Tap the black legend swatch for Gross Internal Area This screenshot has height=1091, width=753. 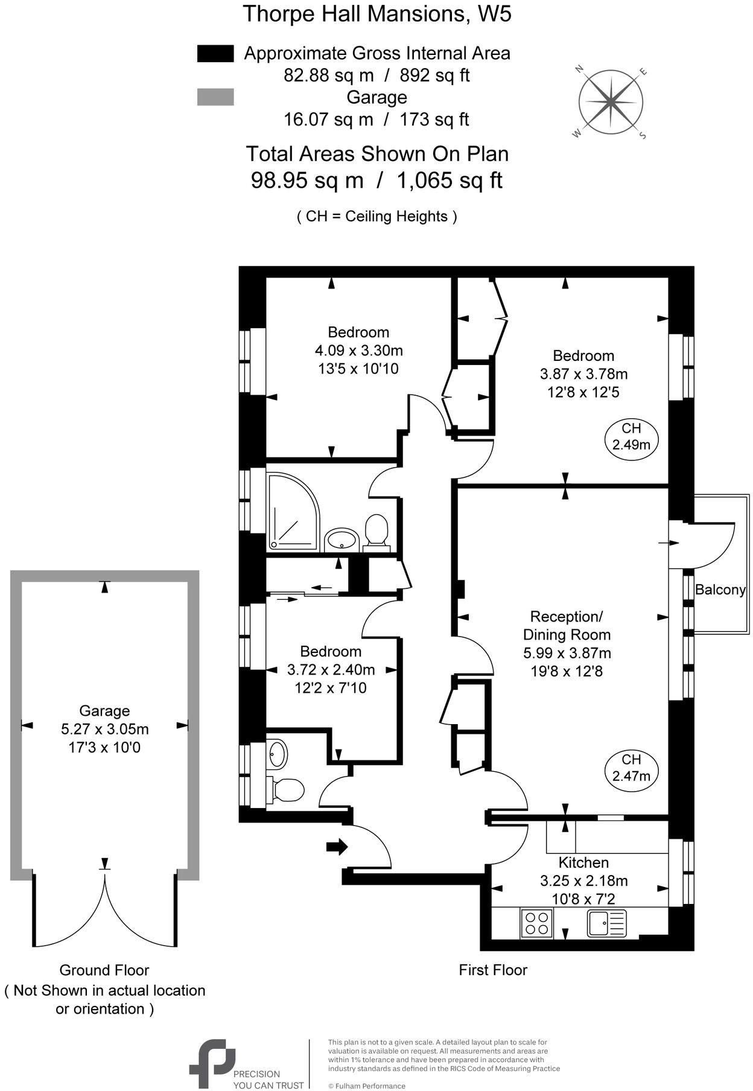point(215,54)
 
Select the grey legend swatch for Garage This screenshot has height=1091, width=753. point(215,97)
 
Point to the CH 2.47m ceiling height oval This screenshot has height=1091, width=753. point(631,768)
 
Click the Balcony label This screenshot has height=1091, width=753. point(720,590)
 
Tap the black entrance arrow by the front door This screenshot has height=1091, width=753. point(337,847)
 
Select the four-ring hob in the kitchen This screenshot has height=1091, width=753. point(536,923)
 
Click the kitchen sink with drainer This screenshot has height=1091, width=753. point(607,923)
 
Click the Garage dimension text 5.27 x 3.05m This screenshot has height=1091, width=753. point(105,729)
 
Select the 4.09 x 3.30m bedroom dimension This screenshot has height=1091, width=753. point(358,350)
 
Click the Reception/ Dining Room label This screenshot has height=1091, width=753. point(566,625)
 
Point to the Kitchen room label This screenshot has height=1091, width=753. point(583,863)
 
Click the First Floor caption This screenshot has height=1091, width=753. point(493,970)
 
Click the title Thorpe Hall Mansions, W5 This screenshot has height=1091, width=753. point(376,13)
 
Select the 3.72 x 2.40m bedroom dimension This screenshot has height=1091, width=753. point(331,669)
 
